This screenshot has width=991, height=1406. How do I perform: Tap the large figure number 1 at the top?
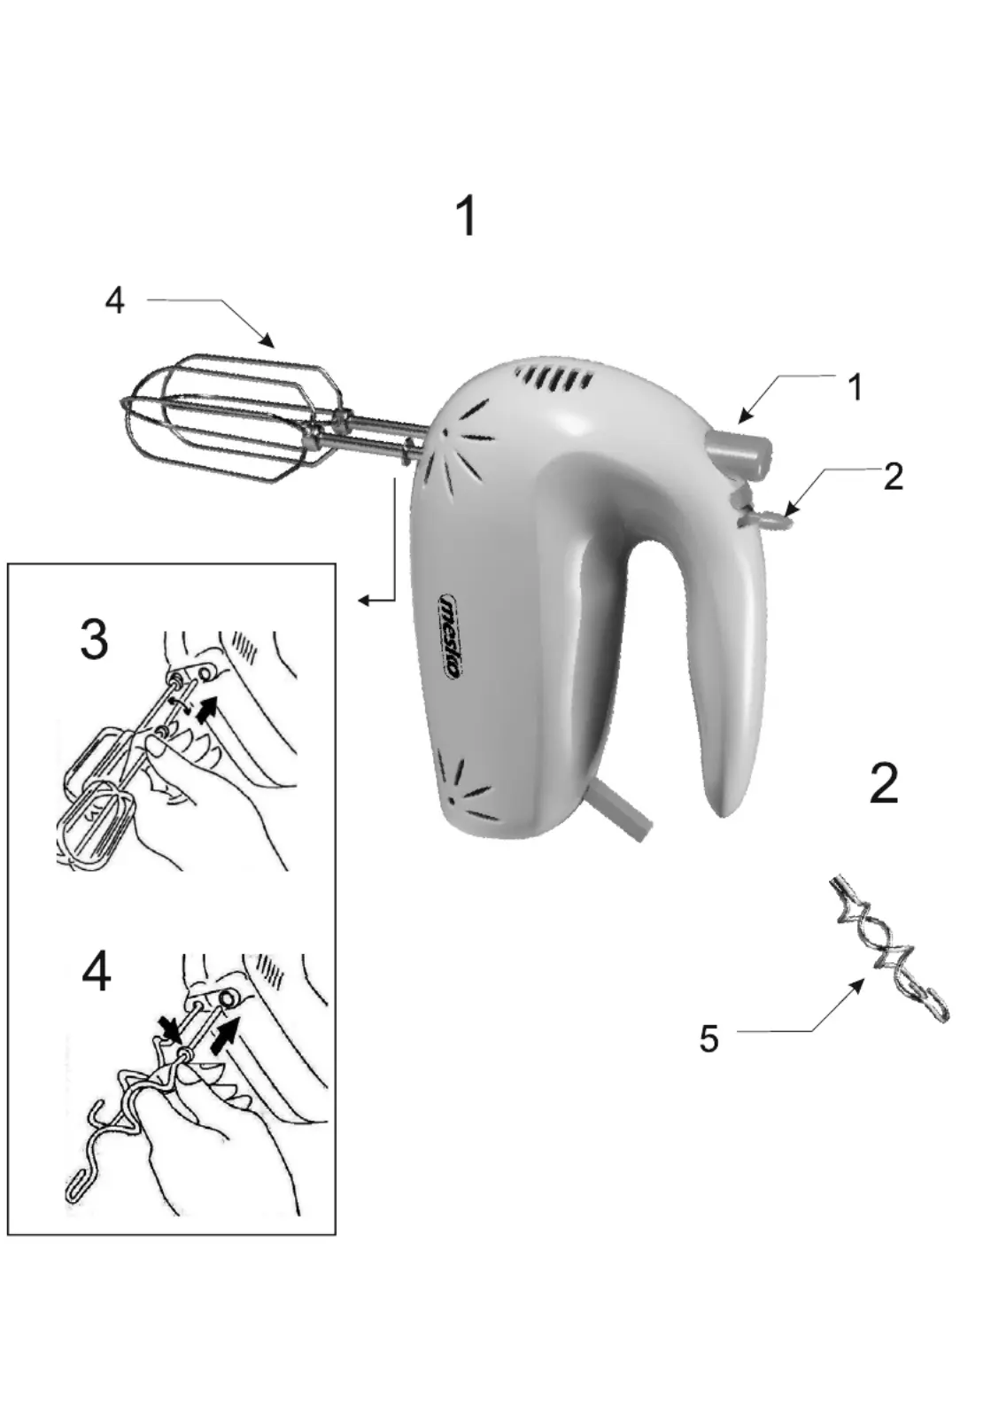[467, 216]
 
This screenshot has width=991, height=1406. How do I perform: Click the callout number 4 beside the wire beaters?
[115, 301]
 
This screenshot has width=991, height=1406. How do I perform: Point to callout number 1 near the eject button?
[855, 388]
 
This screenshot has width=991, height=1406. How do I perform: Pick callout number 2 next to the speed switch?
[894, 477]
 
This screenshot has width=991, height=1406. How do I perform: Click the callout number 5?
[708, 1038]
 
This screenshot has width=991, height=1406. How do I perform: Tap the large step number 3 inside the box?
[94, 640]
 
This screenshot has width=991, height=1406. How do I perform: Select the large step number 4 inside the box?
[96, 972]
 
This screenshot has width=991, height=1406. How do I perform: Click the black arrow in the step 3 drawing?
[205, 709]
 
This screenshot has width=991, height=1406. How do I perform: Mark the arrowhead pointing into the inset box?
[364, 601]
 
